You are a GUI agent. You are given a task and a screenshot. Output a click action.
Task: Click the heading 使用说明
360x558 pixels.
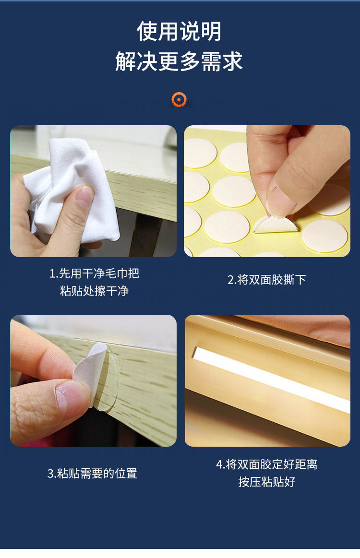pyautogui.click(x=180, y=32)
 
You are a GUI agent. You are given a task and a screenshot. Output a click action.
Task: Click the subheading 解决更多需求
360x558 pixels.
pyautogui.click(x=180, y=61)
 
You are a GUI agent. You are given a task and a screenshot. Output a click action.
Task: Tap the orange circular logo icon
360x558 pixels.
pyautogui.click(x=179, y=100)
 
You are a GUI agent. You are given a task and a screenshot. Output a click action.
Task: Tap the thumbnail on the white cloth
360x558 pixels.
pyautogui.click(x=84, y=197)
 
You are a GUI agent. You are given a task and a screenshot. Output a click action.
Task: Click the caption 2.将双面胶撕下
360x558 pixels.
pyautogui.click(x=266, y=280)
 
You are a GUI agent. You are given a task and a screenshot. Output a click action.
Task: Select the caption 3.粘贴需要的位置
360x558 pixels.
pyautogui.click(x=93, y=474)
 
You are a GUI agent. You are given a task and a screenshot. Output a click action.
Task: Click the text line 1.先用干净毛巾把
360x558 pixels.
pyautogui.click(x=94, y=273)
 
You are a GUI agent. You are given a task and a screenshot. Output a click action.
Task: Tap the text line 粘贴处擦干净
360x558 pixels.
pyautogui.click(x=94, y=291)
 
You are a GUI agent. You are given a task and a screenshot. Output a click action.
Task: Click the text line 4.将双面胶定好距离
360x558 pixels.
pyautogui.click(x=266, y=464)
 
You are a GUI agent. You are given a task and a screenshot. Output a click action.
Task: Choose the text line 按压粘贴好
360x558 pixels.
pyautogui.click(x=266, y=482)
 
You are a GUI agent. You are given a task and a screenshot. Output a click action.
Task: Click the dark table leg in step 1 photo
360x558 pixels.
pyautogui.click(x=144, y=235)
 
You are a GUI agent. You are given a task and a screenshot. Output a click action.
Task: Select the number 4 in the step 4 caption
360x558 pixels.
pyautogui.click(x=219, y=464)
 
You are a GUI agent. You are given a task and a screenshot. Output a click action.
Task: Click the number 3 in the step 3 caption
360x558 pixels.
pyautogui.click(x=51, y=474)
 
